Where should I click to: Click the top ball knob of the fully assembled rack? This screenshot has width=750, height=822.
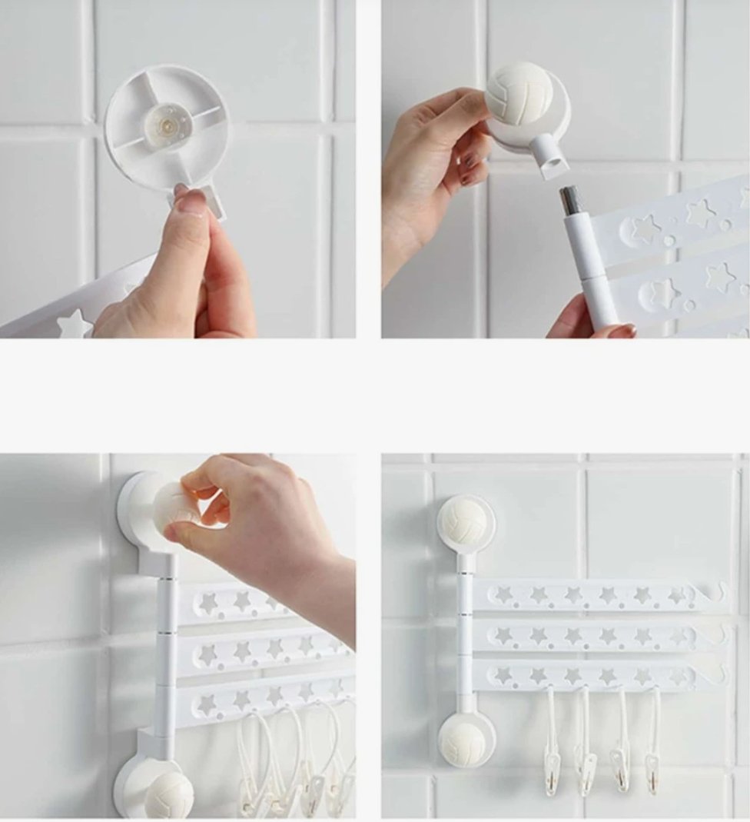(x=465, y=522)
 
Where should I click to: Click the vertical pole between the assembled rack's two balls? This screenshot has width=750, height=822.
(x=465, y=631)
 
